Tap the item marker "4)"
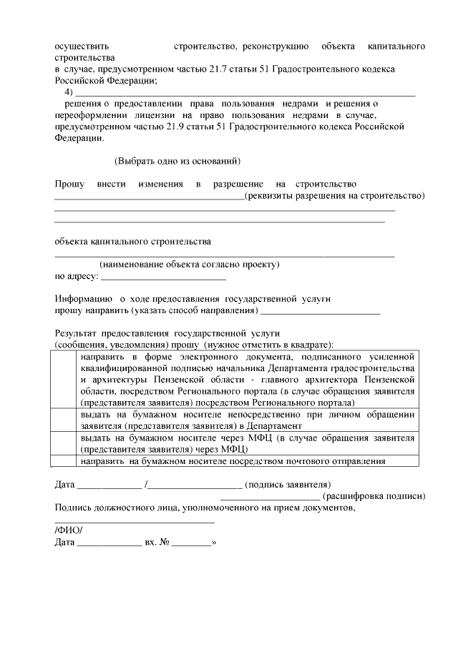(69, 92)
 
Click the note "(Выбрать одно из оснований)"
(177, 161)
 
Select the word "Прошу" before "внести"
(69, 184)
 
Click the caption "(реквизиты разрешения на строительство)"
(335, 196)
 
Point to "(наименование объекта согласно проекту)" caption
(190, 265)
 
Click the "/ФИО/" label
(69, 530)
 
